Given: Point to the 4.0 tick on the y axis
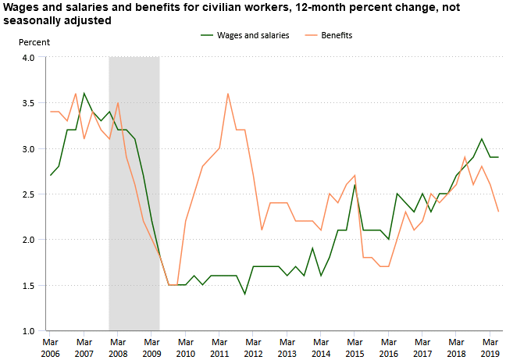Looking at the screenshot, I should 28,58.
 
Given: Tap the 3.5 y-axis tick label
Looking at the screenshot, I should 28,103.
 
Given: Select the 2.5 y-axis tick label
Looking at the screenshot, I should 28,194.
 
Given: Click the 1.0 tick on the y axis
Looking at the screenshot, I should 28,331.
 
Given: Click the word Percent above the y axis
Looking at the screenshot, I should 34,41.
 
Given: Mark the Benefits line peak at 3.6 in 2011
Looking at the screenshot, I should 228,94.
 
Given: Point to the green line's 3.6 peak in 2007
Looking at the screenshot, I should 84,94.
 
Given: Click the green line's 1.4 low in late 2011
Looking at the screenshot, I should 244,294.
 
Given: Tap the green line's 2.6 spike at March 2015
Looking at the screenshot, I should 355,185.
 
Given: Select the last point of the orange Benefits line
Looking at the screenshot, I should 498,212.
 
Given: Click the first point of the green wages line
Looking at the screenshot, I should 50,176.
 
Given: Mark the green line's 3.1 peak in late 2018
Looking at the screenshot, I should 482,139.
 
